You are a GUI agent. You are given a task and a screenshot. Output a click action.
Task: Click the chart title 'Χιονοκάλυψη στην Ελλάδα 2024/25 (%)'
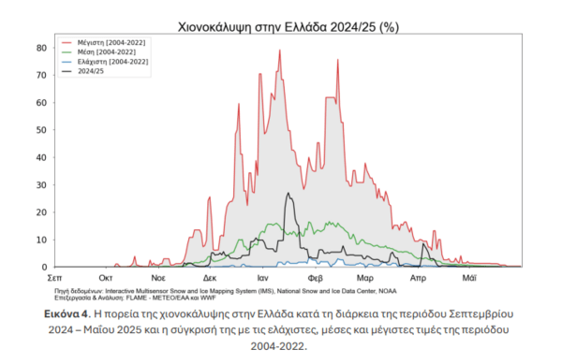coord(281,26)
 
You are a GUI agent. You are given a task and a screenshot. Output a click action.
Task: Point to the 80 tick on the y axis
coord(42,48)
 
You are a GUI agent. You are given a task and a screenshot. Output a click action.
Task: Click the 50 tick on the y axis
coord(42,130)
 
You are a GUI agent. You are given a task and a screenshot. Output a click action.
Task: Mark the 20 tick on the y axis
coord(42,212)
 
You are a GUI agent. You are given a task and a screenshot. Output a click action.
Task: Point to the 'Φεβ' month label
coord(316,279)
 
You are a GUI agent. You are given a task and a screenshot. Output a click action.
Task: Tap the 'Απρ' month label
coord(419,279)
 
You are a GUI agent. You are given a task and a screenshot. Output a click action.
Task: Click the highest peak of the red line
coord(279,50)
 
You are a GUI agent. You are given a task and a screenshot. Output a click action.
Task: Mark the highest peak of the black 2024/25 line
coord(288,194)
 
